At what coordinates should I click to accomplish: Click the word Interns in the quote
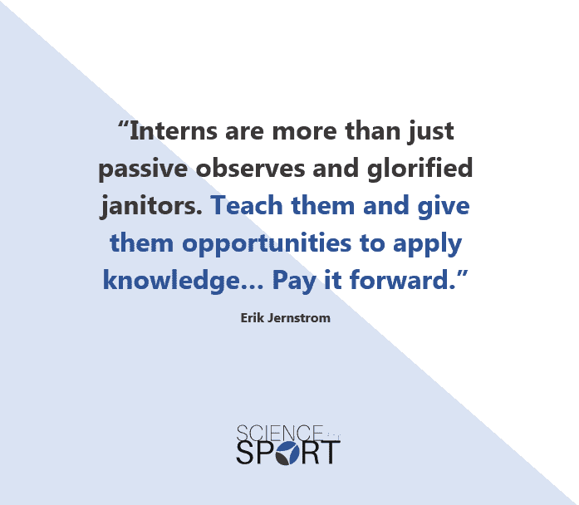pyautogui.click(x=173, y=131)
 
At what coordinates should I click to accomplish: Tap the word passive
pyautogui.click(x=143, y=169)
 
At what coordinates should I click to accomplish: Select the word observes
pyautogui.click(x=250, y=168)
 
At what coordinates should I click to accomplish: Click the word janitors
pyautogui.click(x=151, y=206)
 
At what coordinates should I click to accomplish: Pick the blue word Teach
pyautogui.click(x=246, y=205)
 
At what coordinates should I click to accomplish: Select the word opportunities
pyautogui.click(x=267, y=244)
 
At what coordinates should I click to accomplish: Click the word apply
pyautogui.click(x=427, y=244)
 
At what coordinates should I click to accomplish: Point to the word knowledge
pyautogui.click(x=172, y=281)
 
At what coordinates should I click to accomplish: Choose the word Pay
pyautogui.click(x=294, y=282)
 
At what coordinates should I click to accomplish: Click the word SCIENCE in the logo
pyautogui.click(x=280, y=434)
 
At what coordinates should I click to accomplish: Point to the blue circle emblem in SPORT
pyautogui.click(x=287, y=453)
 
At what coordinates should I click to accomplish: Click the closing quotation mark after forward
pyautogui.click(x=463, y=274)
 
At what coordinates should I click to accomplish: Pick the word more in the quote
pyautogui.click(x=305, y=132)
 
